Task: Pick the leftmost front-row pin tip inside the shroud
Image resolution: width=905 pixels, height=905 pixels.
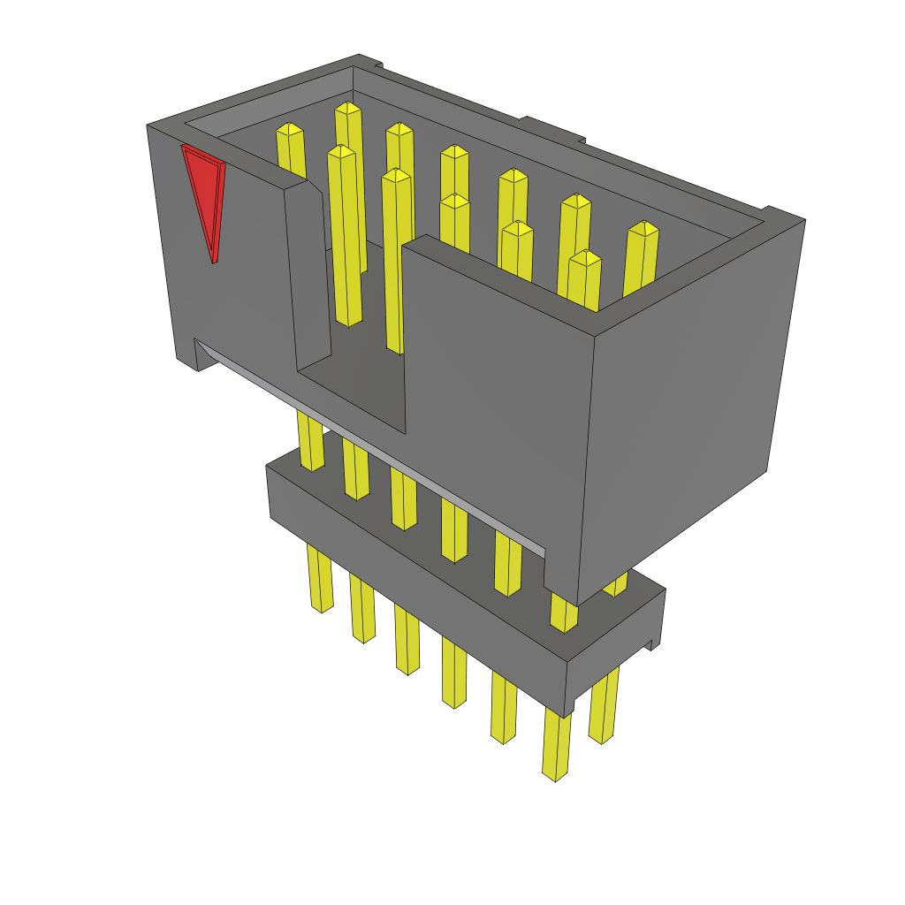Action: (341, 153)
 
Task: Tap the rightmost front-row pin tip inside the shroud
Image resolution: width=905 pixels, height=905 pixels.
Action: (585, 258)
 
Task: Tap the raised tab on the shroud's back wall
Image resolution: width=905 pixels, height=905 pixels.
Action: (552, 128)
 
